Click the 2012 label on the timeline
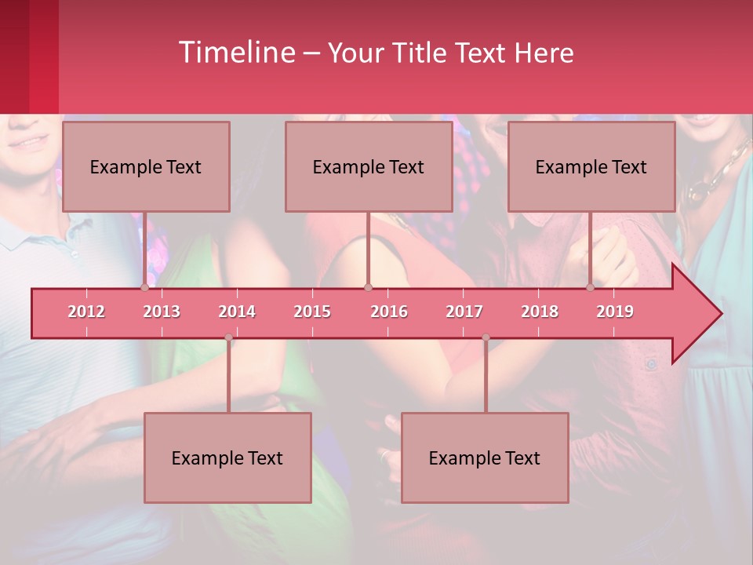[x=86, y=312]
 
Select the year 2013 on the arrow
[x=162, y=312]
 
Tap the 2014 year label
[x=237, y=312]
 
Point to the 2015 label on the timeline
[x=312, y=312]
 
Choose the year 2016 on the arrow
[x=389, y=312]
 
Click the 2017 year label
[x=464, y=312]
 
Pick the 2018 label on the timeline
[x=540, y=312]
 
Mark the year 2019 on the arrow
[x=615, y=312]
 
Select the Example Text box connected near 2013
[x=146, y=166]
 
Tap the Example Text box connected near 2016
[x=369, y=166]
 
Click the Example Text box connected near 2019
[x=591, y=166]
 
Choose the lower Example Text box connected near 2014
[x=227, y=457]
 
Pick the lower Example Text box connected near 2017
[x=485, y=457]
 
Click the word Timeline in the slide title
[x=235, y=53]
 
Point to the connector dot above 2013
[x=145, y=287]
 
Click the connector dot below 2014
[x=228, y=337]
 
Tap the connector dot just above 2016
[x=368, y=287]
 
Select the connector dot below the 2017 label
[x=486, y=337]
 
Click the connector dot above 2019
[x=591, y=287]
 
